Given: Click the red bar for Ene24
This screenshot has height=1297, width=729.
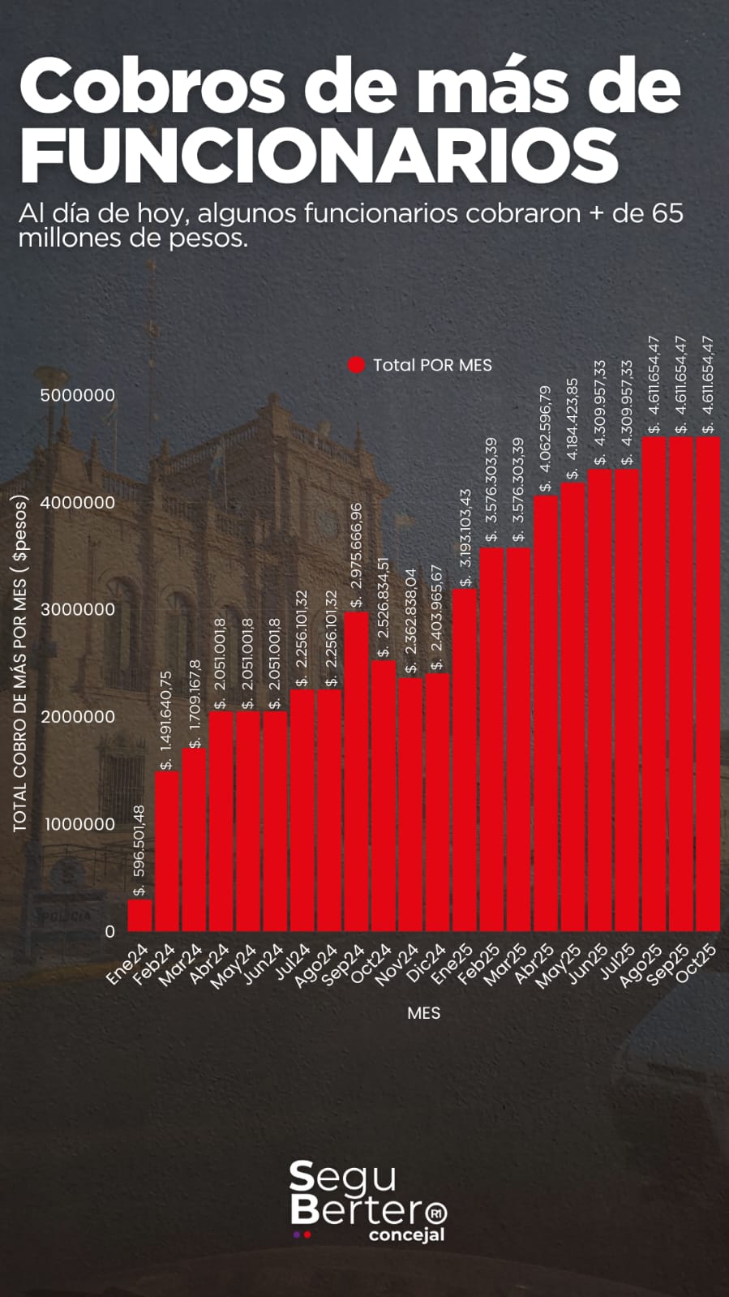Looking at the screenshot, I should [140, 915].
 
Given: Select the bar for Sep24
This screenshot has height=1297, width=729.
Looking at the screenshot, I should [357, 771].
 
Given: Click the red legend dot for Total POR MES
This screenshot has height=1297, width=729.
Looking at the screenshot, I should [357, 365].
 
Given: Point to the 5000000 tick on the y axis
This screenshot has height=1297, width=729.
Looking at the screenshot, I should [78, 395].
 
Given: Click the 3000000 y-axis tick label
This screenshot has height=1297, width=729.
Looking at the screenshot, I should [78, 609].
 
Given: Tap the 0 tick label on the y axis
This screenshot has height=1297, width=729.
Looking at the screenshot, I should [110, 931].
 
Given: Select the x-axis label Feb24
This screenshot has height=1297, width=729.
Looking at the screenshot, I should [154, 964].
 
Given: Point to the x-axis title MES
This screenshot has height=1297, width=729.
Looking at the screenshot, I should [424, 1013].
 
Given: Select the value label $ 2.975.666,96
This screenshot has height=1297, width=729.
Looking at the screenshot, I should [357, 555].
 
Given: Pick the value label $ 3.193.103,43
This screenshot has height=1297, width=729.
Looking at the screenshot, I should [465, 538].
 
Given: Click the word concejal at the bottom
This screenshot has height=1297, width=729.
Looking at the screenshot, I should [406, 1235].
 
